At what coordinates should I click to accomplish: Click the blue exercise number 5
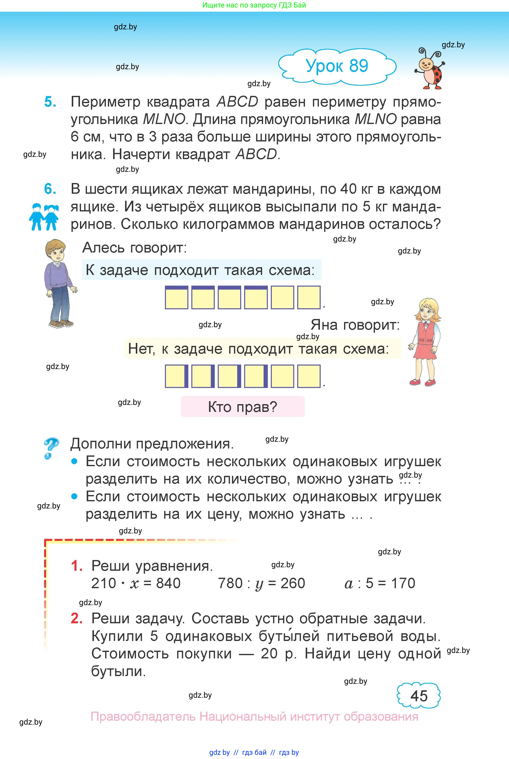click(x=50, y=102)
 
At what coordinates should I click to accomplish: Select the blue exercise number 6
click(x=50, y=189)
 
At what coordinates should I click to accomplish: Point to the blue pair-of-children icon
click(x=44, y=217)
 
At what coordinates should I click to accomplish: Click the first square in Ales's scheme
click(x=176, y=297)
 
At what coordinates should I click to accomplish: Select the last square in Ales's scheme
click(x=309, y=297)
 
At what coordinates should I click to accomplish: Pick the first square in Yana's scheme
click(x=176, y=376)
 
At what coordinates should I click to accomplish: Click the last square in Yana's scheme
click(x=309, y=376)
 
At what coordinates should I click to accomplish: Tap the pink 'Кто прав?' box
click(x=242, y=406)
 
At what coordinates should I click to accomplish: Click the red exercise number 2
click(x=76, y=618)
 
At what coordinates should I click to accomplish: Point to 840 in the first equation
click(x=168, y=583)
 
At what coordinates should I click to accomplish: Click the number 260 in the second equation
click(x=292, y=583)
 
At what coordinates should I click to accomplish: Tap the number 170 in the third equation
click(x=403, y=583)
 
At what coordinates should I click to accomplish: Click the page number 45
click(x=419, y=696)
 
